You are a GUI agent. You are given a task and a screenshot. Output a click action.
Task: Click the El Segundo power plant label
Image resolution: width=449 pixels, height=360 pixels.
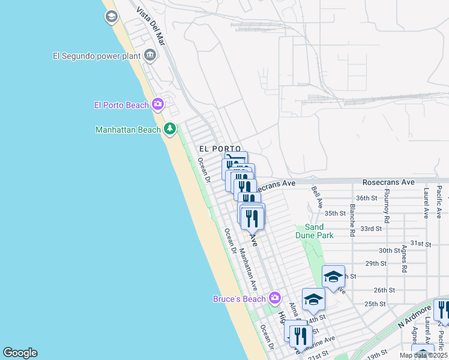click(95, 56)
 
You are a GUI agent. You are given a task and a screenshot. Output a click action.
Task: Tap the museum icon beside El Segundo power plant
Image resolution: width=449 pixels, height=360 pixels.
click(149, 56)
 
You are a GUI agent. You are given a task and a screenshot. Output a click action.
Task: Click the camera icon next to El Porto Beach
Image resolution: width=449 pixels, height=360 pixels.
click(158, 104)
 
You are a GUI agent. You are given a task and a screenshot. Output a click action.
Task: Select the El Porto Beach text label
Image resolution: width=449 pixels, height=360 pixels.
click(121, 105)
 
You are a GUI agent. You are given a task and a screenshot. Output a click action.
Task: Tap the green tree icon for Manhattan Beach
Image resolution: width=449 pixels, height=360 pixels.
click(170, 128)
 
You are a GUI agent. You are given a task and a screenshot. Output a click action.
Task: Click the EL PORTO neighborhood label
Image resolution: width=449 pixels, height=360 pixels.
click(220, 149)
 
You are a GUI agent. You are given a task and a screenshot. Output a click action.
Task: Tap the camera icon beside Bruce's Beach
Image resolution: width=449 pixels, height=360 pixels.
click(275, 298)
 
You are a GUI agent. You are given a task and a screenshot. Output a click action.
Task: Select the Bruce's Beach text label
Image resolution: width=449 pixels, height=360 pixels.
click(240, 299)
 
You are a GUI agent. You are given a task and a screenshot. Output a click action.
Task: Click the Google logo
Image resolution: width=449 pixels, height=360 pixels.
click(20, 353)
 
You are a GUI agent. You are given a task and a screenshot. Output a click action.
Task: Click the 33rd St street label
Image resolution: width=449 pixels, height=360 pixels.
click(371, 229)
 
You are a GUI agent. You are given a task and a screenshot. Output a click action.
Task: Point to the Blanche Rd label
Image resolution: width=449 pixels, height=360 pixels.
click(352, 220)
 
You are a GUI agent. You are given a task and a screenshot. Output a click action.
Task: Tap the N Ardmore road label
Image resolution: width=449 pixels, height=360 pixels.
click(415, 316)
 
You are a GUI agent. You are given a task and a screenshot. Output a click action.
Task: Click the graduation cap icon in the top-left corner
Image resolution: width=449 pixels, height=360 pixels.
click(111, 17)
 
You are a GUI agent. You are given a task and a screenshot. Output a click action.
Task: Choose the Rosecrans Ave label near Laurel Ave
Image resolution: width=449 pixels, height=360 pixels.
click(388, 182)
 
